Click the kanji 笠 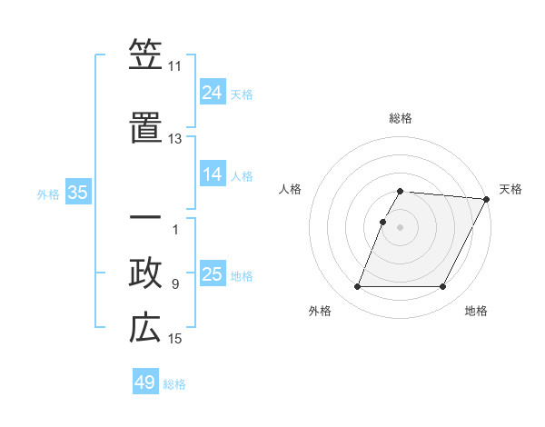click(145, 55)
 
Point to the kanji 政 click(145, 273)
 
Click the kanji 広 click(145, 328)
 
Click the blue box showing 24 click(213, 92)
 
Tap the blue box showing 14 click(213, 174)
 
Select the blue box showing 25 click(213, 274)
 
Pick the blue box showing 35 click(78, 193)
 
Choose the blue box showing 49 click(145, 382)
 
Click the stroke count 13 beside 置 click(174, 139)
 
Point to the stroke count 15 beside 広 click(174, 339)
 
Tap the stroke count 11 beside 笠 click(174, 66)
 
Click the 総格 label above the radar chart click(400, 118)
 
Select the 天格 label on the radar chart click(510, 189)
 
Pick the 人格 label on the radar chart click(290, 189)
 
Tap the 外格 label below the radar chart click(320, 311)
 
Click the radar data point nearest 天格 click(487, 199)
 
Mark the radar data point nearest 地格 click(442, 287)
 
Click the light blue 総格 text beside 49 click(174, 384)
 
